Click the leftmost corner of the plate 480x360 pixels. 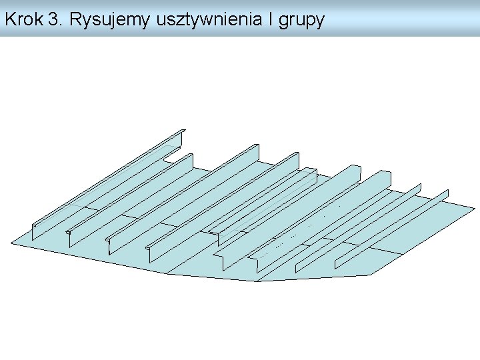click(x=11, y=243)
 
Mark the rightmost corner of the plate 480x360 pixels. click(x=474, y=207)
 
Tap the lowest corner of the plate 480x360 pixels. click(x=255, y=281)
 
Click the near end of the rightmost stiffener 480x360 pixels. click(x=337, y=262)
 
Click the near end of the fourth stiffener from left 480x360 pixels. click(x=151, y=254)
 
